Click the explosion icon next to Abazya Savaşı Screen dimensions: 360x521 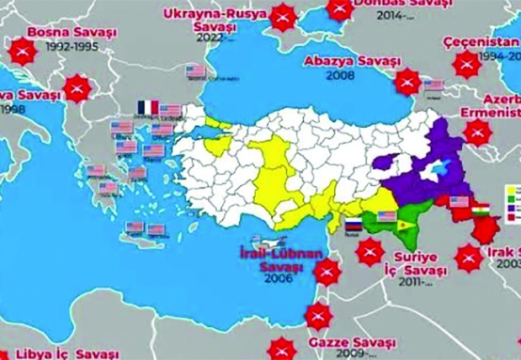click(x=407, y=81)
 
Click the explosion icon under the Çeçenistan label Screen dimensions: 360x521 click(x=464, y=64)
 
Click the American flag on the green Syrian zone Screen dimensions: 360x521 click(x=386, y=217)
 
